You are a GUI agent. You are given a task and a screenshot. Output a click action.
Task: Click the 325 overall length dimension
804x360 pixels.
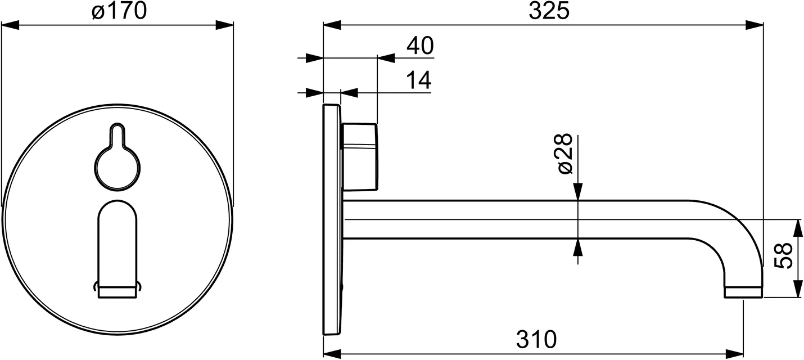[x=548, y=11]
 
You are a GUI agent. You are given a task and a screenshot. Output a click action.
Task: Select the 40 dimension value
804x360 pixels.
[x=420, y=46]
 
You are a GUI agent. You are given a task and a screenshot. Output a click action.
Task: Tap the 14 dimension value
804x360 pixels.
[x=418, y=81]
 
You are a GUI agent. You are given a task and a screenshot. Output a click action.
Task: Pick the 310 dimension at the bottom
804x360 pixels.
[x=536, y=339]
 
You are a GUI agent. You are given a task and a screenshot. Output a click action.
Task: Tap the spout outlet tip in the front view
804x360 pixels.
[x=117, y=290]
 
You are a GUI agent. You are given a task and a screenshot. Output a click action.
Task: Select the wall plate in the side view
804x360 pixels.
[x=332, y=219]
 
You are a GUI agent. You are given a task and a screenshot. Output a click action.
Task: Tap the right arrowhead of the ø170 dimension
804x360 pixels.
[x=225, y=25]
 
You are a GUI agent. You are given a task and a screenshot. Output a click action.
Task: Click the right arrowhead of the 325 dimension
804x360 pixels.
[x=755, y=25]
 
